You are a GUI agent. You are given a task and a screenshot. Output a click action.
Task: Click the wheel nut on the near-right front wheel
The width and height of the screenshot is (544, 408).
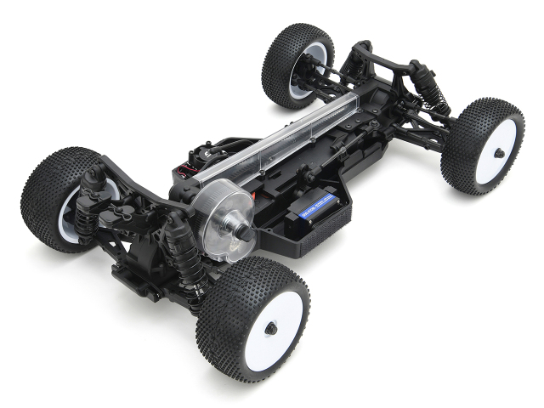coord(498,153)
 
